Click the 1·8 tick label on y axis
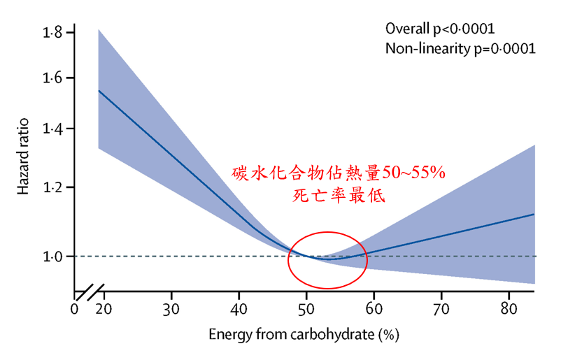[53, 33]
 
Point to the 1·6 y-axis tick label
[53, 78]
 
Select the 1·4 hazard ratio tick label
[53, 129]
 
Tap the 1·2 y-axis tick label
[53, 188]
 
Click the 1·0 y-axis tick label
[53, 257]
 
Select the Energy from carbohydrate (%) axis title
[304, 335]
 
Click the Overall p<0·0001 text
[441, 29]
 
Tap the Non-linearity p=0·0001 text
[460, 49]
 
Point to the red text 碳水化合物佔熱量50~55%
[339, 172]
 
